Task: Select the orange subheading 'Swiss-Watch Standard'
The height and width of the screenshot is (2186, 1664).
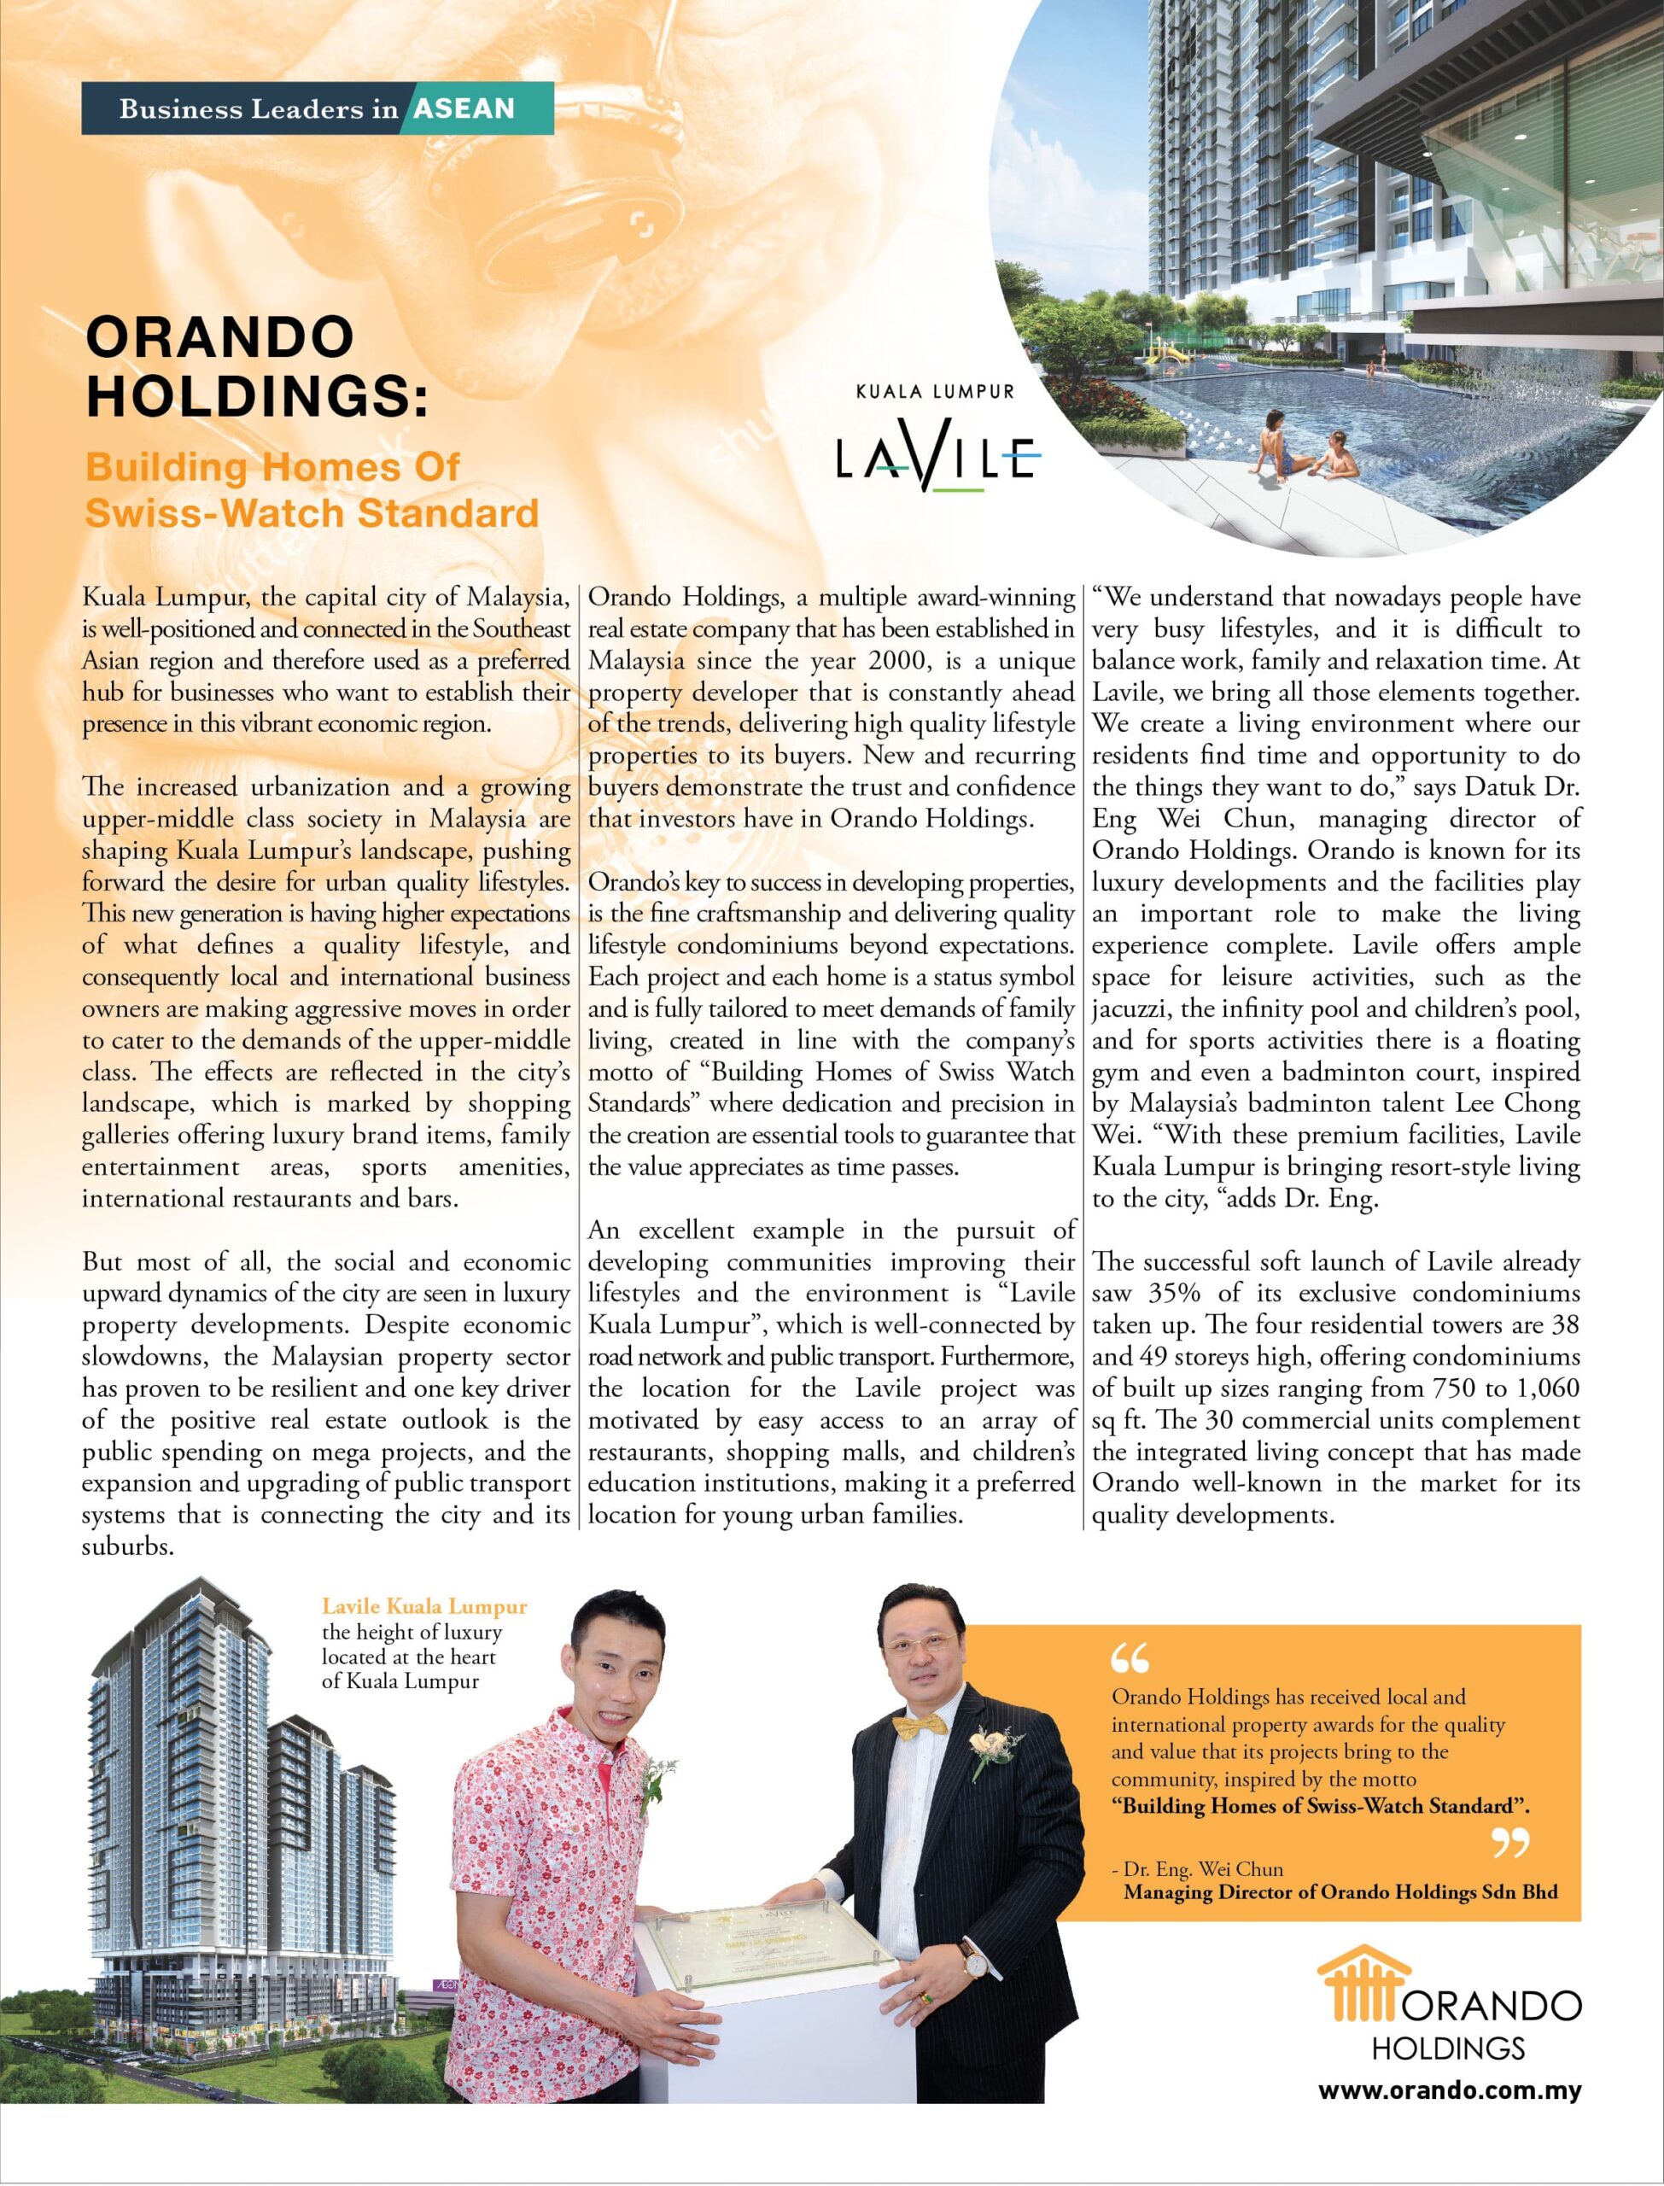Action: (x=311, y=512)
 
